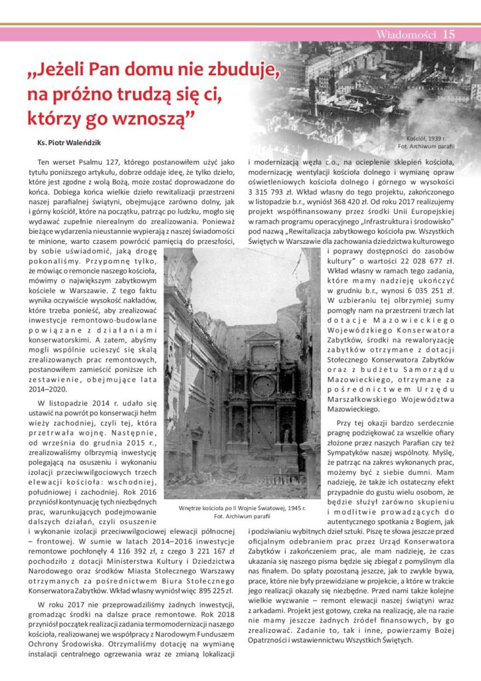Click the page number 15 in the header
(x=448, y=35)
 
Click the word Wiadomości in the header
(x=405, y=35)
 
